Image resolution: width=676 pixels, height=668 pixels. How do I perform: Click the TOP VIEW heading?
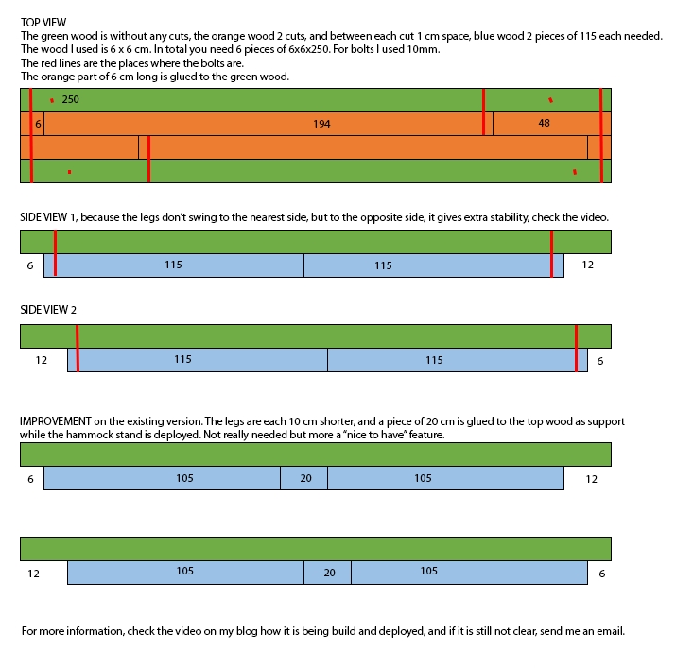point(43,23)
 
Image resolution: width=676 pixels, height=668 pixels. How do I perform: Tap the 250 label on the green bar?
point(70,99)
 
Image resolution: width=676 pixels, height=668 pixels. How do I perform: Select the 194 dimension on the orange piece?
point(321,124)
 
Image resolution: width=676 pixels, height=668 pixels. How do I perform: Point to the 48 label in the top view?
point(544,123)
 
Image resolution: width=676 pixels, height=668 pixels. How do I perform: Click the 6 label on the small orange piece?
point(38,124)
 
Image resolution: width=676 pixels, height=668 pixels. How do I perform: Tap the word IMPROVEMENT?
point(56,421)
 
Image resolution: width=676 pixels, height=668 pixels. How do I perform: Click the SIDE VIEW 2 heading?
point(48,310)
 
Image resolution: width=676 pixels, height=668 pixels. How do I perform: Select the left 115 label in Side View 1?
point(173,265)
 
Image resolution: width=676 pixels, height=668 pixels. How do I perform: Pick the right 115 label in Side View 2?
point(434,360)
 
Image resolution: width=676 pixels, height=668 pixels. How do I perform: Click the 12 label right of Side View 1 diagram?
point(588,265)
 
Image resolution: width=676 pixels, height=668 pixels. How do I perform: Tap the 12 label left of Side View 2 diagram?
point(41,360)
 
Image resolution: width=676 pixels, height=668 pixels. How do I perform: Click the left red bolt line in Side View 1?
point(55,253)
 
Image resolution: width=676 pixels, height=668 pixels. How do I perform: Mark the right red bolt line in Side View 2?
point(577,348)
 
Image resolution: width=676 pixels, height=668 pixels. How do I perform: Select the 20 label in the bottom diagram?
point(329,573)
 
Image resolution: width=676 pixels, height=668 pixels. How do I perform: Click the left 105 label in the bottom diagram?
point(184,571)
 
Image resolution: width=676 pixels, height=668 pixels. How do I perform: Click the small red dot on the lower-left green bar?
point(69,172)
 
